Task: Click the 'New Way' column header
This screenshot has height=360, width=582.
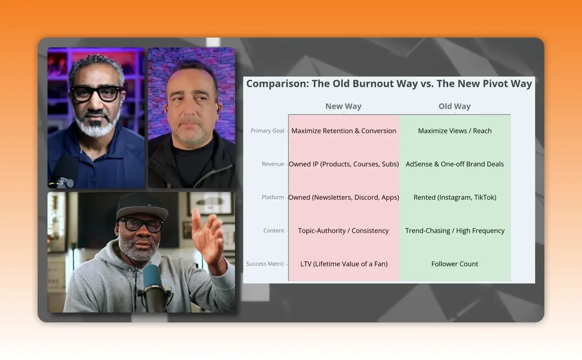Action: tap(343, 106)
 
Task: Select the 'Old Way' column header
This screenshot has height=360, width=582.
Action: tap(455, 106)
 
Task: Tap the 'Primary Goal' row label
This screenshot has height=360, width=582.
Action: tap(267, 131)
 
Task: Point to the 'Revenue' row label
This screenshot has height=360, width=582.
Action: tap(273, 164)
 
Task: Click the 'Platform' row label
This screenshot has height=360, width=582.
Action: tap(273, 197)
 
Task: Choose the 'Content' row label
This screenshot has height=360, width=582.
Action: tap(274, 231)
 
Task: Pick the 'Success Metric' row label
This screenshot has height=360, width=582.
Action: tap(265, 264)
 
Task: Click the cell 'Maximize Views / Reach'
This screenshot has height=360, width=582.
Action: tap(455, 131)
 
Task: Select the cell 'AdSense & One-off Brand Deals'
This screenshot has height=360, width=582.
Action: tap(455, 164)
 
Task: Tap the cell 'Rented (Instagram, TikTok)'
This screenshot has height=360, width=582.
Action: tap(455, 197)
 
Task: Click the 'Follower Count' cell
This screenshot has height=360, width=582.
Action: tap(455, 264)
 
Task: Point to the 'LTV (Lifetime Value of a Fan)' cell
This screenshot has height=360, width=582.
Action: tap(344, 264)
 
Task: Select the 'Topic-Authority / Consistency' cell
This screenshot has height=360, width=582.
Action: tap(343, 231)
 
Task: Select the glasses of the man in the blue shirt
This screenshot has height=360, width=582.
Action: tap(96, 94)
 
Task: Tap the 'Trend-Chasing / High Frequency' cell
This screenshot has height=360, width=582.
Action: tap(455, 231)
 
